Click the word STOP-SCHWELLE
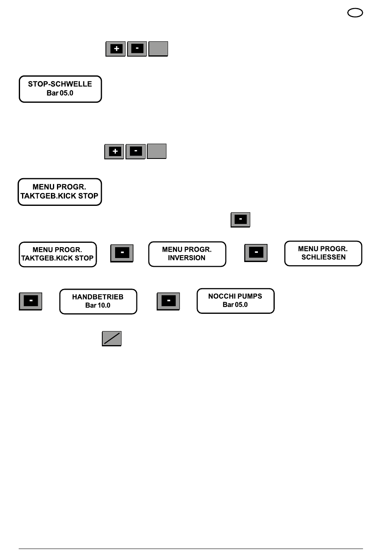click(x=60, y=84)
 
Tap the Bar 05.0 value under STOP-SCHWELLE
click(x=60, y=93)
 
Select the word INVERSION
click(x=186, y=258)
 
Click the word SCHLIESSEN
click(x=323, y=257)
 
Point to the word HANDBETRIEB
click(x=98, y=297)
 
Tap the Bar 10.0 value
click(x=98, y=305)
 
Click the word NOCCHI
click(x=221, y=296)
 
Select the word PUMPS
click(x=249, y=296)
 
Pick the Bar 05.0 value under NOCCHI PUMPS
click(x=235, y=305)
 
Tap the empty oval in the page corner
click(x=355, y=12)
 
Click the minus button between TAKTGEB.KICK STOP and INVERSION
click(x=122, y=253)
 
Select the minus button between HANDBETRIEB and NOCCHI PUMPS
click(x=168, y=301)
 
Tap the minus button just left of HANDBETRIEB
click(x=30, y=301)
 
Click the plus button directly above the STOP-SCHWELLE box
click(x=116, y=49)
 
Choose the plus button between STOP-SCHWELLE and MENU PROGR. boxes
click(x=114, y=151)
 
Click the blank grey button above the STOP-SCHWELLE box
click(x=158, y=49)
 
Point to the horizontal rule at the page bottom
click(x=190, y=549)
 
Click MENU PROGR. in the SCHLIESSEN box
click(x=323, y=248)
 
